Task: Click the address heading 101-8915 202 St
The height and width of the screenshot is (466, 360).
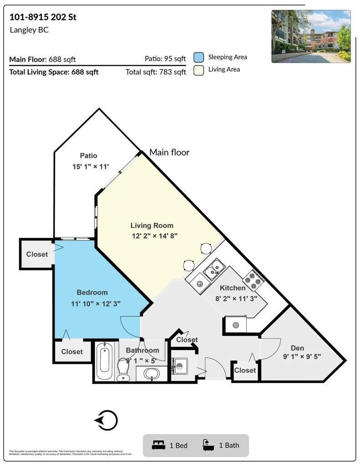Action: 43,17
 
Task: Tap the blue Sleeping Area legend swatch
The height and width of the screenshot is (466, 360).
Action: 198,57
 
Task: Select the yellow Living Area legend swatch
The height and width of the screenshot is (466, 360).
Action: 198,70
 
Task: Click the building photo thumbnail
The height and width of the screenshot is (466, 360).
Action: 311,36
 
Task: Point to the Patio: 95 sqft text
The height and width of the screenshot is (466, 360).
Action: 165,59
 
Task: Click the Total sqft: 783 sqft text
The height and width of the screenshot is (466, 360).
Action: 156,72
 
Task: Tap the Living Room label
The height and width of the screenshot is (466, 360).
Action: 152,225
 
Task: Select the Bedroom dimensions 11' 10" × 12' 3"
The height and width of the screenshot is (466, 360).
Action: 96,304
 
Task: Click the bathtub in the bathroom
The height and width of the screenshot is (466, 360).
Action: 104,361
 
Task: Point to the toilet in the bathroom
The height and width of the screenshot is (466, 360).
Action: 123,369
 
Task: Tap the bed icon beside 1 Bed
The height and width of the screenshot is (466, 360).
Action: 158,445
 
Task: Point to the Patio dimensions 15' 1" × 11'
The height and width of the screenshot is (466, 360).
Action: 91,167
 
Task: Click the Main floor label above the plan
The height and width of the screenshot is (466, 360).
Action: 169,152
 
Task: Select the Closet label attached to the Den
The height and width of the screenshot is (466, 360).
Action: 245,370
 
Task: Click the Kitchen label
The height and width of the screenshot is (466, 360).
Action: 233,288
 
